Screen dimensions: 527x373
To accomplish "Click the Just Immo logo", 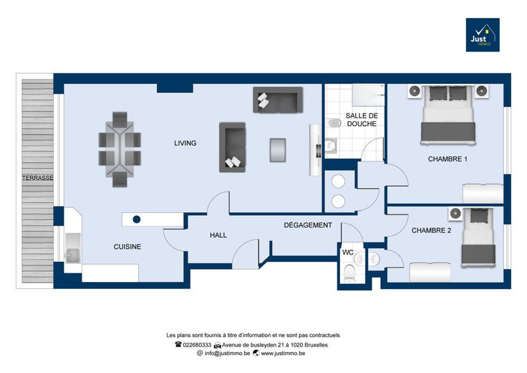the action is coord(483,34).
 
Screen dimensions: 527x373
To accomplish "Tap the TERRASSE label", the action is coord(38,178).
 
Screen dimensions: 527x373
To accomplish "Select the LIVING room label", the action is coord(185,143).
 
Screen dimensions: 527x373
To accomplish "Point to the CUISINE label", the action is coord(127,247).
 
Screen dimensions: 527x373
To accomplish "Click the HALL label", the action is coord(218,235).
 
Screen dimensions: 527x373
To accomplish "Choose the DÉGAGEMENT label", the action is coord(308,225).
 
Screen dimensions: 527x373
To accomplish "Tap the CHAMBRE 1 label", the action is coord(448,159).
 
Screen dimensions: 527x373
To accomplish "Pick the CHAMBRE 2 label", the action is coord(431,230).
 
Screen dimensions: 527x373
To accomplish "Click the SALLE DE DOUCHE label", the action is coord(362,120).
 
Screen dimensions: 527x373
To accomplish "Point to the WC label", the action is coord(348,252).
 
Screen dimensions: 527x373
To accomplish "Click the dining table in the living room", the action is coord(120,149).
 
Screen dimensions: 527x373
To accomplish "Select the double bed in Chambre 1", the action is coord(448,115).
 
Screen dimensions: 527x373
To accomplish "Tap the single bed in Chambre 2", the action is coord(478,237).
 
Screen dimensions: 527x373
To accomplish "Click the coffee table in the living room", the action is coord(278,150).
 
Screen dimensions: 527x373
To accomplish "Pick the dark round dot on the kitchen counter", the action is coord(137,219).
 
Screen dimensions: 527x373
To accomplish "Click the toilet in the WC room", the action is coord(349,273).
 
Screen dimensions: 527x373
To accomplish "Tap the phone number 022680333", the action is coord(197,345).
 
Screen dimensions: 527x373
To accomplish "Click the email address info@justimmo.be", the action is coord(227,354).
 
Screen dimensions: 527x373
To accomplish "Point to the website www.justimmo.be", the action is coord(283,354).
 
